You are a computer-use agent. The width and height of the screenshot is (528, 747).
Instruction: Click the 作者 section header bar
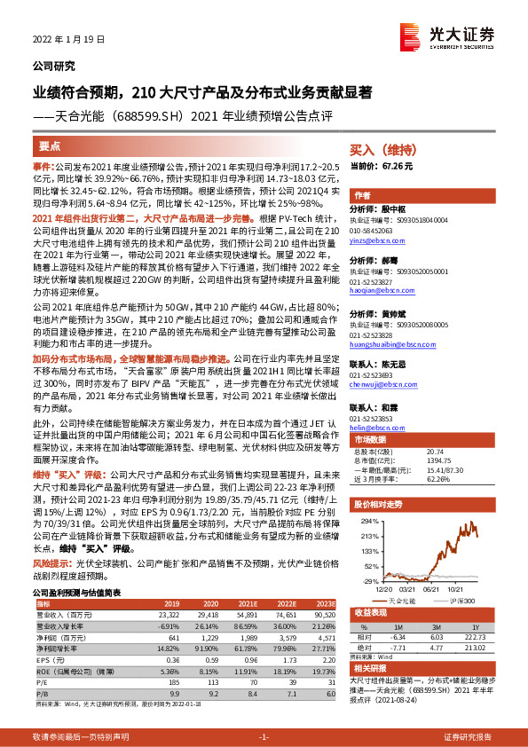tap(362, 195)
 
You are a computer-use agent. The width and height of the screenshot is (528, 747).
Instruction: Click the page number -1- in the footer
tap(264, 737)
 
